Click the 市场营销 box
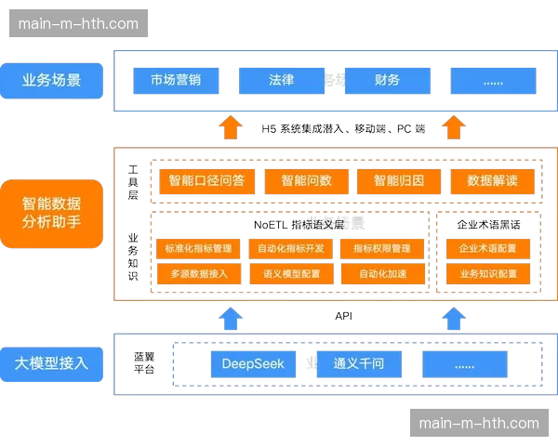176,80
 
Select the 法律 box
282,80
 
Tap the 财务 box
387,80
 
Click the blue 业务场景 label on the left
51,80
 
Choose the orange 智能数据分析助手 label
51,214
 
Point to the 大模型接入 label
51,362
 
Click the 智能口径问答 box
206,180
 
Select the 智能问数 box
306,180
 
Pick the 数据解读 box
492,180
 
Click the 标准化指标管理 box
198,249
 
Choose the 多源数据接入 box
198,274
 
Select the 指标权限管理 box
382,249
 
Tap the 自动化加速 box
382,274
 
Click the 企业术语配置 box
488,249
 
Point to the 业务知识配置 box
488,274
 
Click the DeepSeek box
253,363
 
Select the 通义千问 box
358,363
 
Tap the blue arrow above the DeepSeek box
231,318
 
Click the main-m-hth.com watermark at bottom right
479,424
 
